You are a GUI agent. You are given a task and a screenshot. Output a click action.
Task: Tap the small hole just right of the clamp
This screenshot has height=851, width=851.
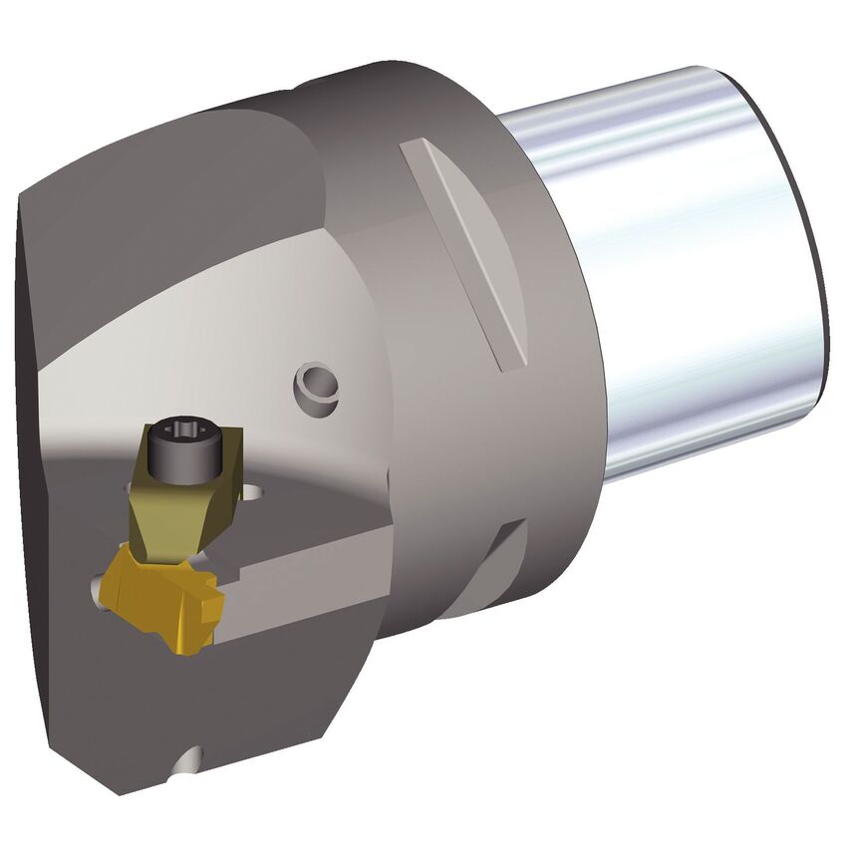[x=257, y=492]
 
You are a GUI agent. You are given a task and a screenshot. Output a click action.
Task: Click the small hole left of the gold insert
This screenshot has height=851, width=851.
[x=98, y=591]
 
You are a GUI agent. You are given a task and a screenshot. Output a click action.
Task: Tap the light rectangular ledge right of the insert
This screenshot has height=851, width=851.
[x=299, y=588]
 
